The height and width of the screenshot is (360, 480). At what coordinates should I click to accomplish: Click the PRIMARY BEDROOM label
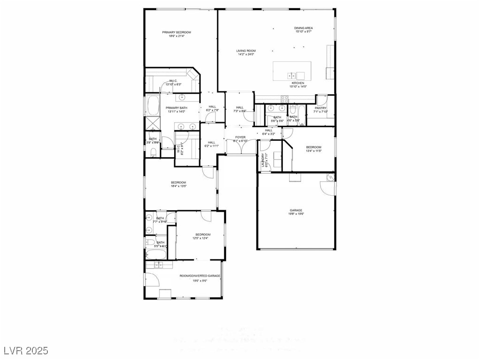coord(176,32)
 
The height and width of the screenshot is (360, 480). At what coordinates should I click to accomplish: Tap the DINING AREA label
coord(304,28)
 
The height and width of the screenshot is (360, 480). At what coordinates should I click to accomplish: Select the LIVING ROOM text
coord(246,51)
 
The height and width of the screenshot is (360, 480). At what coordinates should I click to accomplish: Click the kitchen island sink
coord(291,75)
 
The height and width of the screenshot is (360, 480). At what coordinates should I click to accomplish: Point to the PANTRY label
coord(321,108)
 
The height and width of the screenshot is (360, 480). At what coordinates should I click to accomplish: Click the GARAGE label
coord(296,210)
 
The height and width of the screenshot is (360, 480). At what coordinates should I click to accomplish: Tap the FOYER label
coord(240,137)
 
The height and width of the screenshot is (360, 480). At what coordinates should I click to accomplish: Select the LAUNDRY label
coord(266,161)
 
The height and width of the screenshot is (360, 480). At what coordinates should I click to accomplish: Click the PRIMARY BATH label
coord(176,108)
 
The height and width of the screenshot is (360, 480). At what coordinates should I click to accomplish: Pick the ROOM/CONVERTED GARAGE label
coord(200,276)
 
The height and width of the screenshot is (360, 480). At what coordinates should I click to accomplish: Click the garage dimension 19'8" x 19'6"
coord(296,214)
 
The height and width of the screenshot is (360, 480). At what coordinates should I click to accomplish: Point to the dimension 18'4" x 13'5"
coord(178,186)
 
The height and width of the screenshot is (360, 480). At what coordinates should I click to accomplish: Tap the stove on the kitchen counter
coord(284,98)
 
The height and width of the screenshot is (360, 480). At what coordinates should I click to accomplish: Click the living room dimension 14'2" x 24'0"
coord(246,54)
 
